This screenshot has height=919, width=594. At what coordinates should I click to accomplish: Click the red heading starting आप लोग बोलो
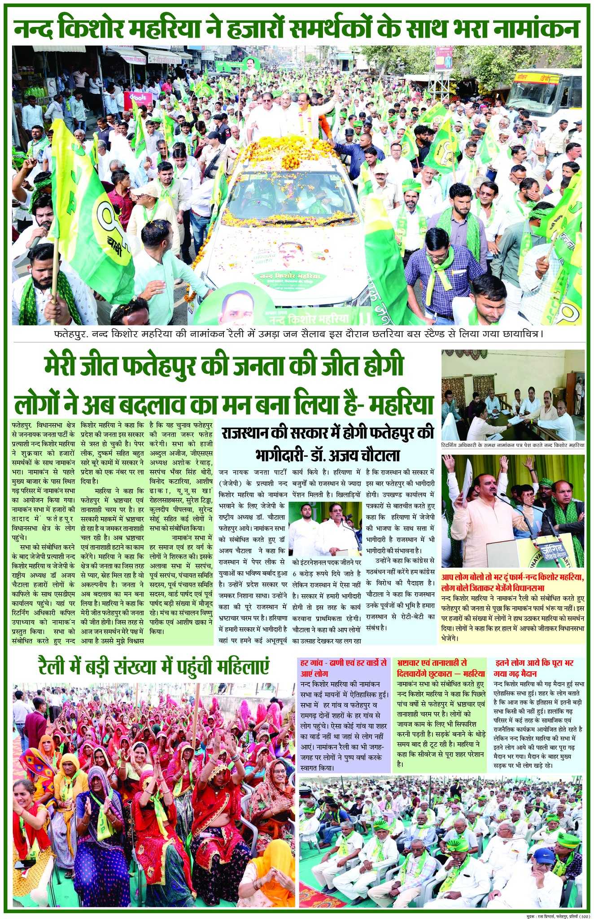(x=513, y=582)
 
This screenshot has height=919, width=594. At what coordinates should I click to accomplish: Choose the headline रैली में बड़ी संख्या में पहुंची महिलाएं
(x=153, y=667)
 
